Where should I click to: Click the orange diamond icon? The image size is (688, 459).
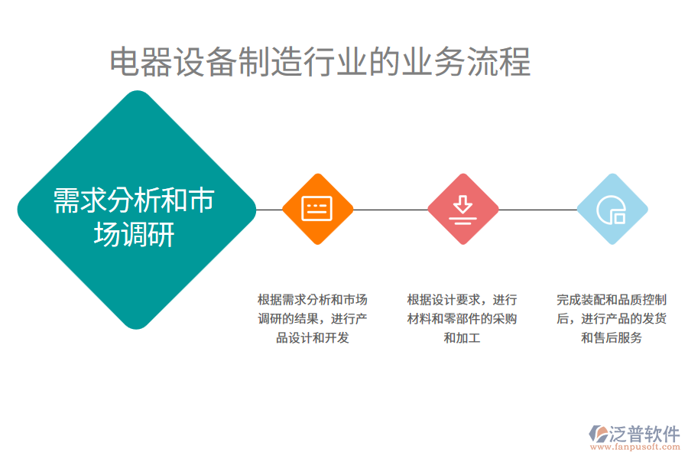click(x=317, y=209)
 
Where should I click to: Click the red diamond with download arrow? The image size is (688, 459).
click(x=462, y=209)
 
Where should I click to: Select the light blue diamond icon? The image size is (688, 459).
click(x=612, y=209)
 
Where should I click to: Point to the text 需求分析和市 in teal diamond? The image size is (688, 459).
click(x=134, y=200)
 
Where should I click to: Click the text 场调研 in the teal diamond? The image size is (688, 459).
click(x=134, y=234)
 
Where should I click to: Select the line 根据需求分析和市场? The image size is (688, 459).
click(x=313, y=299)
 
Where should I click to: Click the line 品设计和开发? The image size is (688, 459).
click(x=313, y=337)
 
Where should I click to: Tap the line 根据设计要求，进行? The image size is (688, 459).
click(x=462, y=299)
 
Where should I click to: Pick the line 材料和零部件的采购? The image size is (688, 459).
click(x=462, y=318)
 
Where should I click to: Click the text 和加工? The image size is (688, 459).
click(x=462, y=337)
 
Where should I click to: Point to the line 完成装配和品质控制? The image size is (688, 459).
click(x=612, y=299)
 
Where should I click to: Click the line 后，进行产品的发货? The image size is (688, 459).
click(x=612, y=318)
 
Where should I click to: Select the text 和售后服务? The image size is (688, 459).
click(x=612, y=337)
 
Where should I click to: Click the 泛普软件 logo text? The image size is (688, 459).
click(x=644, y=434)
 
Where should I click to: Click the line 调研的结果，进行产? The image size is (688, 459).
click(x=313, y=318)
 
